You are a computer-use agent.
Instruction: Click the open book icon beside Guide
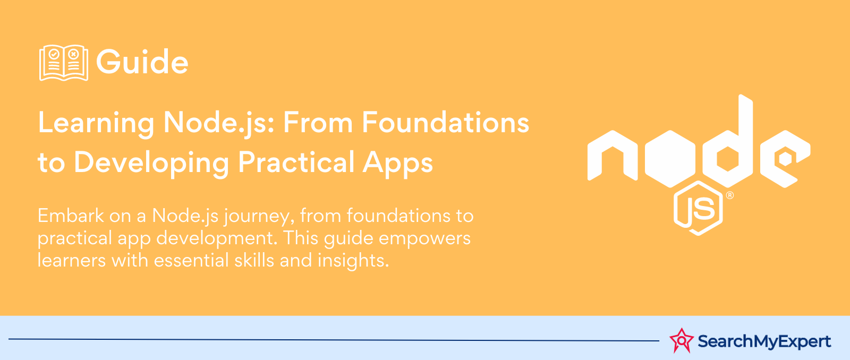(x=64, y=63)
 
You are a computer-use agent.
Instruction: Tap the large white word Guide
(x=142, y=62)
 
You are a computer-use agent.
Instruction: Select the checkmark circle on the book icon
(x=54, y=54)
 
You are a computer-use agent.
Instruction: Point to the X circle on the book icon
(x=74, y=54)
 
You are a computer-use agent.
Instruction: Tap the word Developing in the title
(x=151, y=163)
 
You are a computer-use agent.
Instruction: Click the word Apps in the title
(x=398, y=163)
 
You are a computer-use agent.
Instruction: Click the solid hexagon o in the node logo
(x=670, y=159)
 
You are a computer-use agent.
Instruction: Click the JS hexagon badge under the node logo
(x=699, y=208)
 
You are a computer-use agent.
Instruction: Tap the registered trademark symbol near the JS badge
(x=730, y=195)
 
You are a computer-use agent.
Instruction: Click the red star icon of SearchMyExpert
(x=682, y=340)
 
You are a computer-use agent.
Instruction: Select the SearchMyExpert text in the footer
(x=764, y=341)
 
